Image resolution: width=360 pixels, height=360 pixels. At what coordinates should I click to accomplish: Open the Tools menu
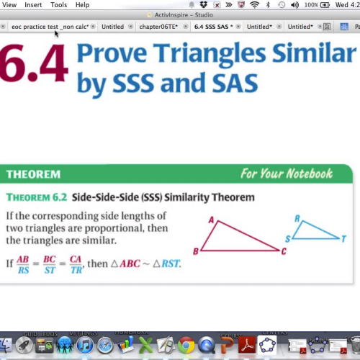click(59, 5)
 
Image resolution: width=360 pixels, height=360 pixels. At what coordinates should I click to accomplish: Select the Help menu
click(83, 5)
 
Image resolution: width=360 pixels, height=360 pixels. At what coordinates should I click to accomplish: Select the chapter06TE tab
click(159, 27)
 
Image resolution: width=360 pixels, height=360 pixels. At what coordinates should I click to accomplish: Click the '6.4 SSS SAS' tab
click(213, 27)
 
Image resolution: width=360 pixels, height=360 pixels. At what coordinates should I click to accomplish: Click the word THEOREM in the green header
click(33, 174)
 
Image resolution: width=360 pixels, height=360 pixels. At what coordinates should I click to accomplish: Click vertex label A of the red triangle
click(212, 221)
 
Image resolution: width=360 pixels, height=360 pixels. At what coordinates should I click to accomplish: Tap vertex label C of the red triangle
click(284, 251)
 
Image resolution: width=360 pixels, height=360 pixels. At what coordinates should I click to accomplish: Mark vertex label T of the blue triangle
click(343, 239)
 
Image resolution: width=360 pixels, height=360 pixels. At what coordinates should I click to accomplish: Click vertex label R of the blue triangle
click(297, 218)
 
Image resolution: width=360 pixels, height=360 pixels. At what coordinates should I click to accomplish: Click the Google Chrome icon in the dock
click(186, 346)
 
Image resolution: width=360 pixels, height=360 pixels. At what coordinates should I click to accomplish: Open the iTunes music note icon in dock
click(84, 346)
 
